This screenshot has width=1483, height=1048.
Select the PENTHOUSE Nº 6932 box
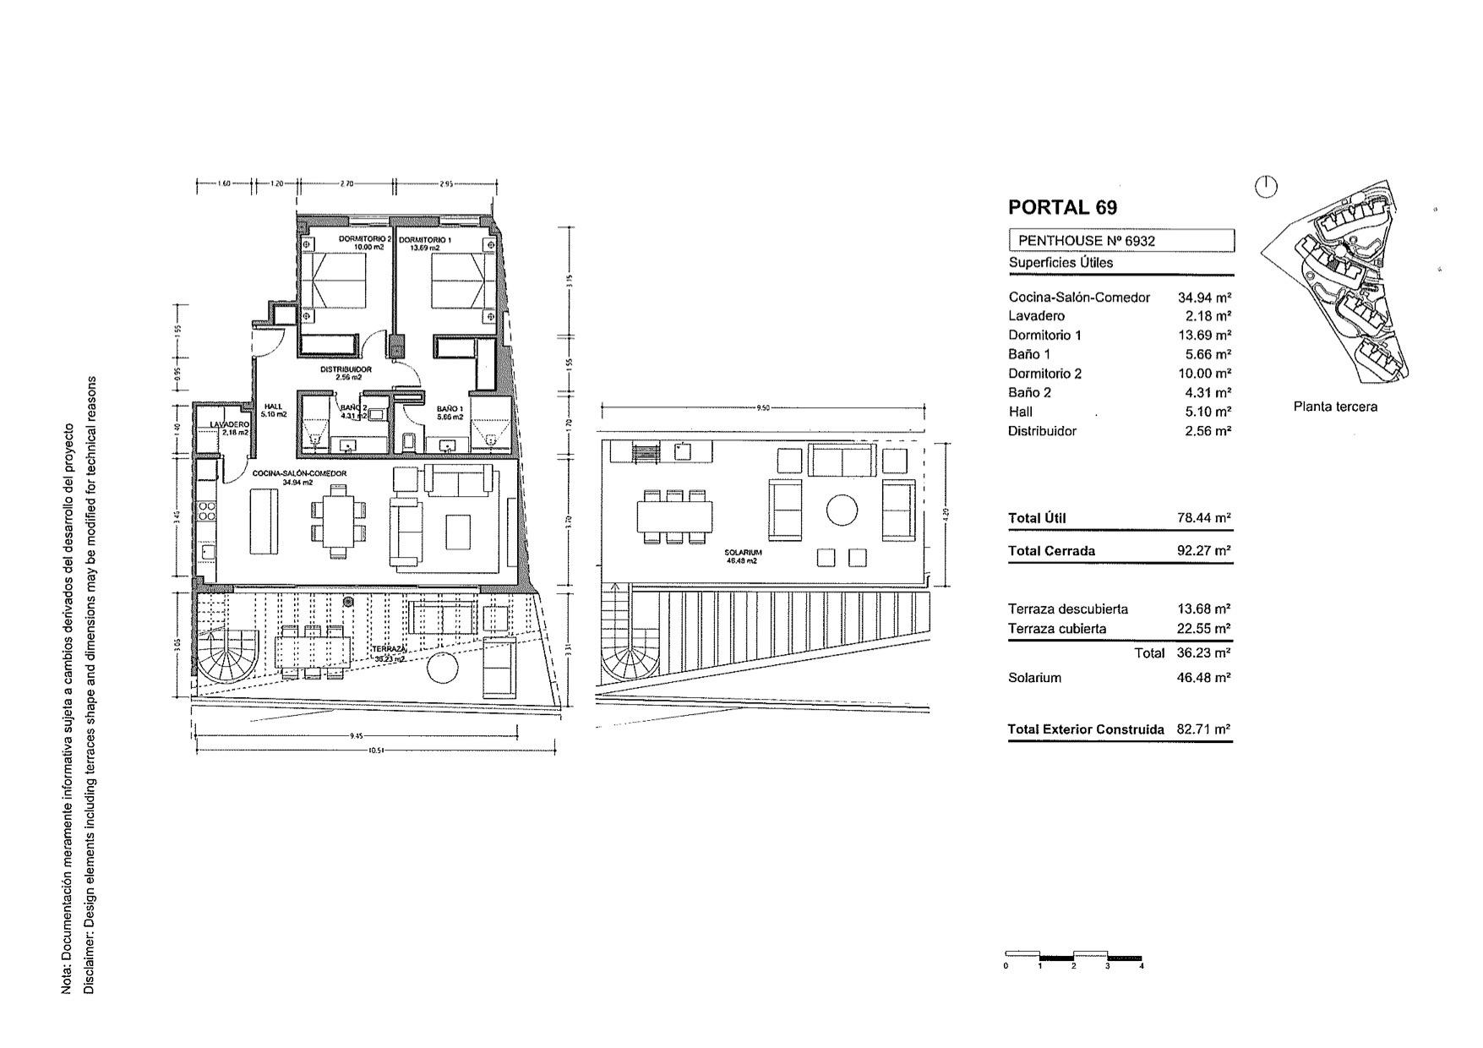[x=1120, y=241]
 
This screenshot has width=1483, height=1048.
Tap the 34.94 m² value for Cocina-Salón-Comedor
[x=1204, y=297]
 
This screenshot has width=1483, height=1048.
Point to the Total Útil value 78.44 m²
[x=1204, y=518]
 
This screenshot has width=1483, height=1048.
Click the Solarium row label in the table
[x=1034, y=678]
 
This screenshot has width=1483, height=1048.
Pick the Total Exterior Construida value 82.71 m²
[x=1204, y=729]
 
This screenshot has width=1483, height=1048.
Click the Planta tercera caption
[x=1335, y=407]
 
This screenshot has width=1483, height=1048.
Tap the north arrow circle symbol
[x=1266, y=187]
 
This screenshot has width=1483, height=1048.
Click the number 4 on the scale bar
[x=1142, y=966]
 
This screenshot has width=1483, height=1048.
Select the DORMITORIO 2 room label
[x=365, y=240]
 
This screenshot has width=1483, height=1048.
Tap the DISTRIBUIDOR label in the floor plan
[x=346, y=369]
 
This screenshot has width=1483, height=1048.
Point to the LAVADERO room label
[x=229, y=424]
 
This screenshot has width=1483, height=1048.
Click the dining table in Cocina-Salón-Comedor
[x=338, y=519]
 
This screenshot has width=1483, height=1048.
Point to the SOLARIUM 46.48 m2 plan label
[x=743, y=556]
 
